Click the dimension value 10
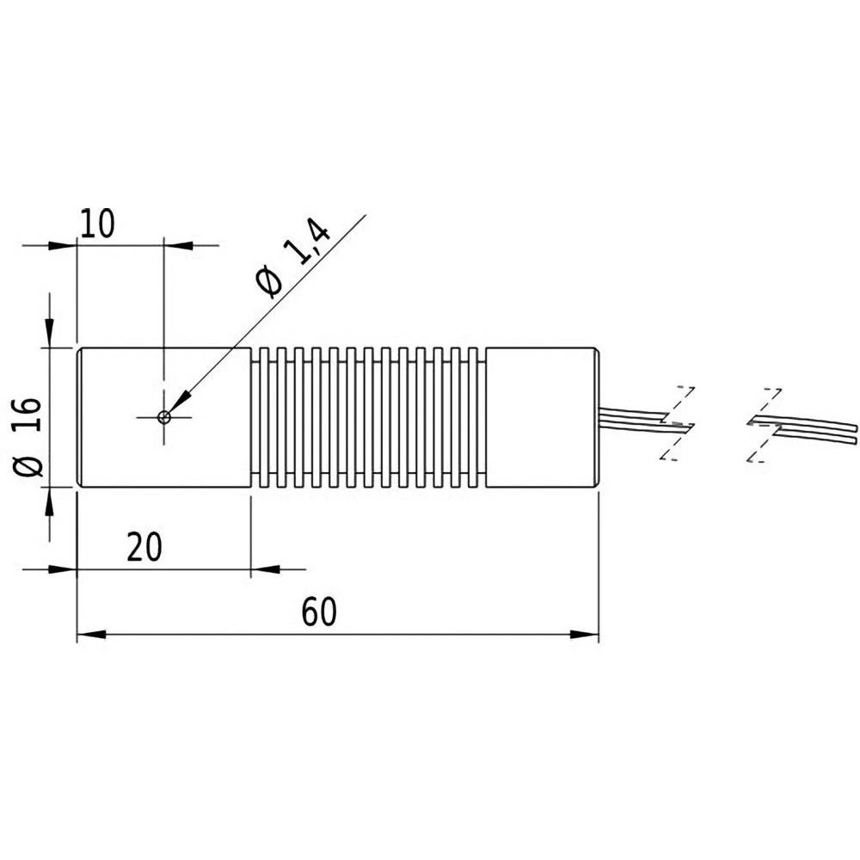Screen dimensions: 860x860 pyautogui.click(x=96, y=224)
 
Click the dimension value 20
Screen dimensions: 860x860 pyautogui.click(x=144, y=547)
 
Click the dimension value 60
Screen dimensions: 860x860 pyautogui.click(x=318, y=613)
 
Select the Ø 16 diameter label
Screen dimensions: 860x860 pyautogui.click(x=28, y=436)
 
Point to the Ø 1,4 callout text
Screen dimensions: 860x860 pyautogui.click(x=292, y=258)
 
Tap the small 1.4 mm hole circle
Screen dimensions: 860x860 pyautogui.click(x=164, y=417)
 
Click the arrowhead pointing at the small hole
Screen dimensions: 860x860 pyautogui.click(x=179, y=402)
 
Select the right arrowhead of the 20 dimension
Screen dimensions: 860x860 pyautogui.click(x=263, y=568)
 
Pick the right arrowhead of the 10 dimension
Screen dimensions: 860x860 pyautogui.click(x=177, y=245)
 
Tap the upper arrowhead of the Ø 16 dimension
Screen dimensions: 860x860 pyautogui.click(x=49, y=335)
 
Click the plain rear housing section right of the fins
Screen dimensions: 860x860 pyautogui.click(x=541, y=417)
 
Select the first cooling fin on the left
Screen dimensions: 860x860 pyautogui.click(x=264, y=417)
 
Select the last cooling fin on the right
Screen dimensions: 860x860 pyautogui.click(x=472, y=417)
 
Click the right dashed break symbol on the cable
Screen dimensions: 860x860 pyautogui.click(x=764, y=424)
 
